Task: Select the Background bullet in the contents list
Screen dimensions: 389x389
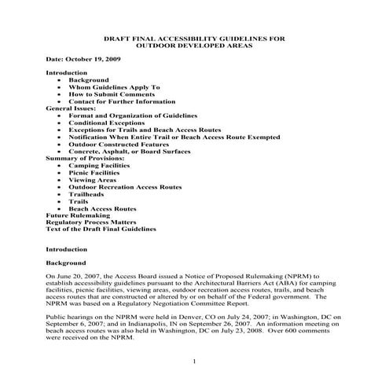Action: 88,79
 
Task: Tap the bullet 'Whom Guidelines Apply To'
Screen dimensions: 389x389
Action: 114,86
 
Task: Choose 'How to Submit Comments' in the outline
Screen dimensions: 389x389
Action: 111,94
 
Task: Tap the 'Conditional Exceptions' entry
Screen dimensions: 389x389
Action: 108,122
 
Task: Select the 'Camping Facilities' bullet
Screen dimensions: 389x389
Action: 101,165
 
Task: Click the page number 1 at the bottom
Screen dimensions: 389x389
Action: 193,361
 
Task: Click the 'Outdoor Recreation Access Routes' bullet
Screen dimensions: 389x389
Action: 124,186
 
